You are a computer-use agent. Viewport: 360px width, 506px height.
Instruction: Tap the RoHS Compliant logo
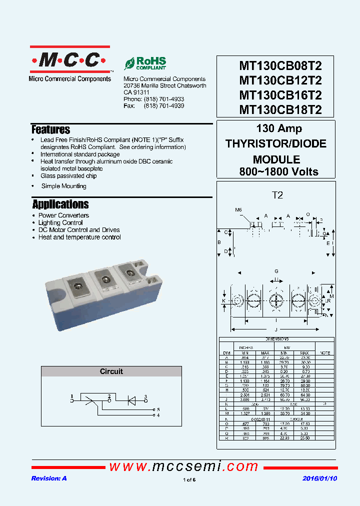coord(145,63)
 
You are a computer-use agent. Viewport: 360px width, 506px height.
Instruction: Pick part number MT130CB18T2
coord(280,109)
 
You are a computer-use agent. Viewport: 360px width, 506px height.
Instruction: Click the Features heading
coord(50,130)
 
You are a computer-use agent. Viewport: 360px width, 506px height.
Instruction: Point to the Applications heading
coord(60,204)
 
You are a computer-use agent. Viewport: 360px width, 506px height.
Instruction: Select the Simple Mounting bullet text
coord(63,186)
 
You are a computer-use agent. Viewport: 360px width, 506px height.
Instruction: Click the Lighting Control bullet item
coord(60,222)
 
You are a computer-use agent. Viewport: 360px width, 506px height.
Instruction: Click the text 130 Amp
coord(279,128)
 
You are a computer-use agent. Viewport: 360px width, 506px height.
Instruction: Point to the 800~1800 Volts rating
coord(278,171)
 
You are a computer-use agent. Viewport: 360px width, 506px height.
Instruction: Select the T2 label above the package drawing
coord(277,195)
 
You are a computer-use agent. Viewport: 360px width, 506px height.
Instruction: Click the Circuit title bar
coord(111,371)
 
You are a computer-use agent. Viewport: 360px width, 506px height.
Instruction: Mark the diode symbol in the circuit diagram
coord(132,399)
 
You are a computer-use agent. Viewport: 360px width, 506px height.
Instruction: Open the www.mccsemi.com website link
coord(183,466)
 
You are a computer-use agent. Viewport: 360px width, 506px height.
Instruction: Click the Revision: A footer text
coord(48,478)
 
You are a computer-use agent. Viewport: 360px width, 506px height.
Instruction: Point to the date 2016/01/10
coord(320,478)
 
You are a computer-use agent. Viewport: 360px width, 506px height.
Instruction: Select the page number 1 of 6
coord(189,480)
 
